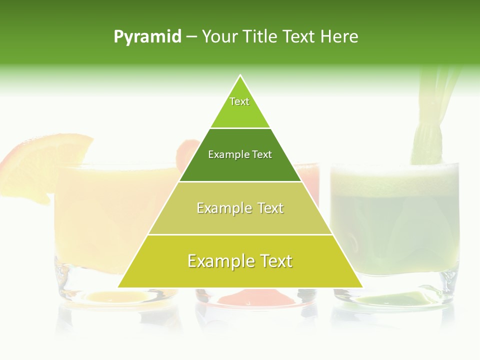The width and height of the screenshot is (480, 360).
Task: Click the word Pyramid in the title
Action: pyautogui.click(x=147, y=37)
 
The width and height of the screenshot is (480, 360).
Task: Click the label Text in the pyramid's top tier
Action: pyautogui.click(x=239, y=101)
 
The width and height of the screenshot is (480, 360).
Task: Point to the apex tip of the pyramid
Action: pyautogui.click(x=240, y=75)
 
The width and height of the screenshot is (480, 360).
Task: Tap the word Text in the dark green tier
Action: pyautogui.click(x=262, y=154)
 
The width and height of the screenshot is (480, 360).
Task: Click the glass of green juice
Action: pyautogui.click(x=395, y=230)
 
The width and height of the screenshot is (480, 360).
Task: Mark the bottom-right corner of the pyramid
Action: pyautogui.click(x=362, y=287)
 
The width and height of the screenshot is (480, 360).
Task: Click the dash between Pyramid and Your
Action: pyautogui.click(x=191, y=37)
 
